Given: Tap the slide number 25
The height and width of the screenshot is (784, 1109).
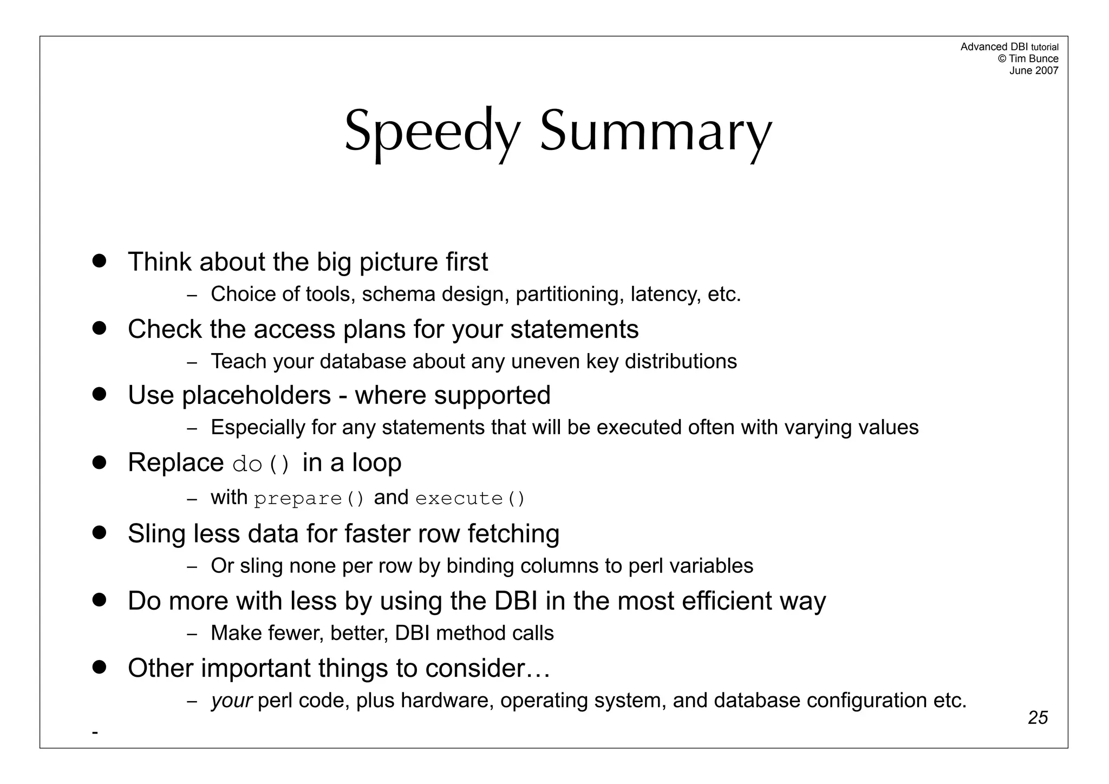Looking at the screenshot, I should coord(1038,717).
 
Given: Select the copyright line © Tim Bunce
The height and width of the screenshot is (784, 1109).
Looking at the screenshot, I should coord(1028,58).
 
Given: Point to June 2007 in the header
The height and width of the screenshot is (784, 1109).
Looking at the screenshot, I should coord(1033,70).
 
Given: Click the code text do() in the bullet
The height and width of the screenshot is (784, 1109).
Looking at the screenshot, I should coord(262,464).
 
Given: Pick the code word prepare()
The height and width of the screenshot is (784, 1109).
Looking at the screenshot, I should coord(309,499).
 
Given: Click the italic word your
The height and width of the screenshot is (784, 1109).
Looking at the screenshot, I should coord(231,701).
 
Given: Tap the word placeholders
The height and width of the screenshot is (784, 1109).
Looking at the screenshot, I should coord(256,396).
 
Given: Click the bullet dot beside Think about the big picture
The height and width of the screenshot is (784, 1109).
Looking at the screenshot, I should coord(99,260).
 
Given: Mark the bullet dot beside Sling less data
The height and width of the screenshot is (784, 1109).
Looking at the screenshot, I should coord(99,532).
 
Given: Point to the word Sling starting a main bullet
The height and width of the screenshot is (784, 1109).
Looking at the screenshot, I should coord(156,534).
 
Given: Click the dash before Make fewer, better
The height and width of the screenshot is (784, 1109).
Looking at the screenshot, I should coord(192,634).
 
